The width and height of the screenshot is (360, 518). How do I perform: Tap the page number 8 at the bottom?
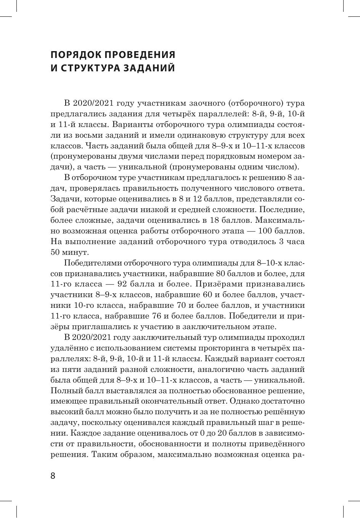(x=53, y=476)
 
